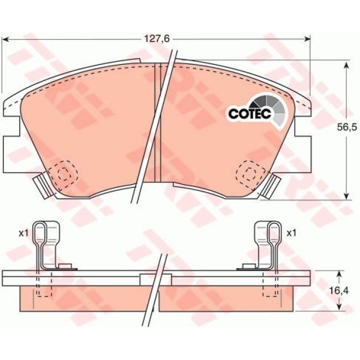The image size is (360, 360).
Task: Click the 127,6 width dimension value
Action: tap(157, 39)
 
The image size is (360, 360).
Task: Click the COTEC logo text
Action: tap(250, 113)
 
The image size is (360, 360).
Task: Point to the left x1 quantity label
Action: tap(23, 233)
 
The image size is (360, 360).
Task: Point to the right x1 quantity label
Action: tap(292, 233)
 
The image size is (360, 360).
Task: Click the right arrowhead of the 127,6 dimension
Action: tap(307, 40)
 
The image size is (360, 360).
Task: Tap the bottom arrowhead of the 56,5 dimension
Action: tap(347, 196)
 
